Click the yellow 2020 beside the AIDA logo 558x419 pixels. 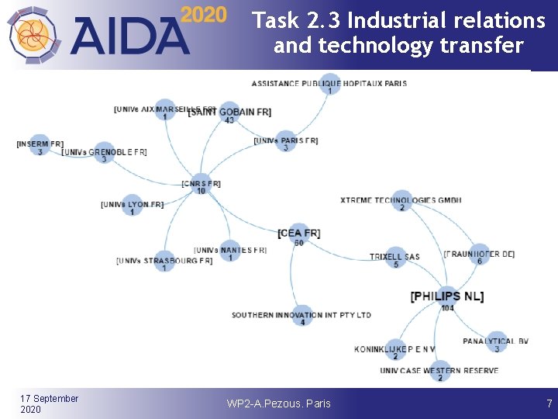pyautogui.click(x=203, y=15)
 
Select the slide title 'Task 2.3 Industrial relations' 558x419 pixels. pyautogui.click(x=399, y=20)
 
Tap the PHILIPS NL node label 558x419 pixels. pyautogui.click(x=447, y=296)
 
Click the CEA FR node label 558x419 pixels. pyautogui.click(x=298, y=233)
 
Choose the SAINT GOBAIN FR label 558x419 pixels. pyautogui.click(x=229, y=113)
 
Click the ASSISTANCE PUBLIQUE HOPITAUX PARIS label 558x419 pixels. pyautogui.click(x=329, y=83)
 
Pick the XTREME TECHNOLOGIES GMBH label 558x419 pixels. pyautogui.click(x=401, y=200)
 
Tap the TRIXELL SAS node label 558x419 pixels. pyautogui.click(x=394, y=257)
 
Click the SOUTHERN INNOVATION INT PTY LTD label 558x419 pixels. pyautogui.click(x=301, y=315)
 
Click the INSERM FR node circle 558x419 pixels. pyautogui.click(x=40, y=145)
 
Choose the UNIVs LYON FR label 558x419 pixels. pyautogui.click(x=132, y=205)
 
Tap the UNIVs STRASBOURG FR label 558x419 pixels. pyautogui.click(x=164, y=261)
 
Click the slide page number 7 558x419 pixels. pyautogui.click(x=549, y=403)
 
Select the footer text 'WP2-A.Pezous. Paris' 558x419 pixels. pyautogui.click(x=278, y=403)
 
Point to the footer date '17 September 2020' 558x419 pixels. pyautogui.click(x=49, y=403)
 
